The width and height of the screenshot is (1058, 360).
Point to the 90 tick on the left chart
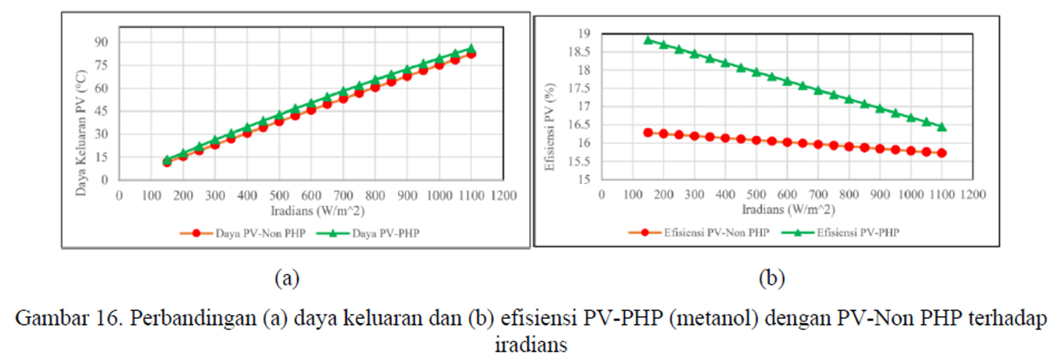101,42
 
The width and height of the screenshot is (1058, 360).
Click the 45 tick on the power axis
101,111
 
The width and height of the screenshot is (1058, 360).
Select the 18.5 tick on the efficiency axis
579,52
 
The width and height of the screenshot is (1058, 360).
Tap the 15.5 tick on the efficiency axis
579,161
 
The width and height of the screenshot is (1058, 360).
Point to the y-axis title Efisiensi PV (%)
550,127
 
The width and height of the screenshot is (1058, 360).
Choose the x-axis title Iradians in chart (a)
317,211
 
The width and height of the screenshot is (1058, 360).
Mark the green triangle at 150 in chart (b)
648,40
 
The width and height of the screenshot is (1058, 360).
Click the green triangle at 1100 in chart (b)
942,127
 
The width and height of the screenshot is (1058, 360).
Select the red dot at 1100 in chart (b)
942,153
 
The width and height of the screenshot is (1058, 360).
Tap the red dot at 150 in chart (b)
648,133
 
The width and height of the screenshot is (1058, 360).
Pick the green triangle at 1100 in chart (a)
471,48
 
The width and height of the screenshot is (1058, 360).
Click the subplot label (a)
287,278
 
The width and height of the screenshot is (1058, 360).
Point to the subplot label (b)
772,278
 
